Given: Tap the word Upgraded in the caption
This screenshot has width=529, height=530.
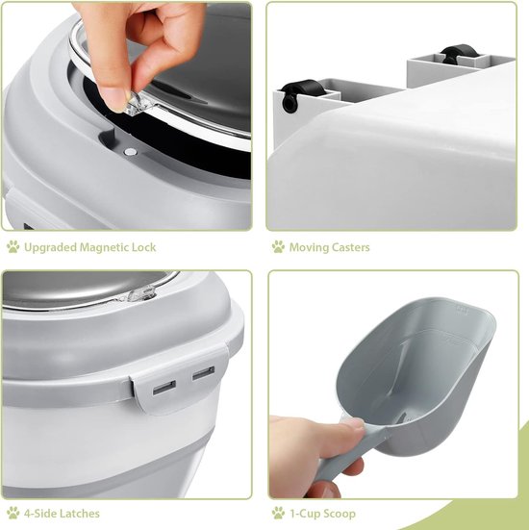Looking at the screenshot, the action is point(51,248).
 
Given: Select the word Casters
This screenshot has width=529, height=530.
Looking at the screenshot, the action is point(350,247).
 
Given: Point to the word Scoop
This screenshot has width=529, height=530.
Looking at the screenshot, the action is point(339,514).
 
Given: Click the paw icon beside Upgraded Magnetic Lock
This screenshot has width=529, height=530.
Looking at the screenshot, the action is point(13,247).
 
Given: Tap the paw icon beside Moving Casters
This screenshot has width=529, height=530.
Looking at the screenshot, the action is point(278,247).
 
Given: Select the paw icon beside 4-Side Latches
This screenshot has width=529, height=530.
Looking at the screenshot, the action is point(13,513).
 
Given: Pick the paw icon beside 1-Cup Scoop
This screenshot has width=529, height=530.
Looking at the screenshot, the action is point(278,513).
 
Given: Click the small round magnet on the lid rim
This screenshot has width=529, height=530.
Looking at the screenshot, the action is point(130,152).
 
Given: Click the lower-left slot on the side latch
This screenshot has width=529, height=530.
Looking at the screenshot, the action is point(164,388).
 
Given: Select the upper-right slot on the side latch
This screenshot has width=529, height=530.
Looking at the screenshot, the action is point(204,373).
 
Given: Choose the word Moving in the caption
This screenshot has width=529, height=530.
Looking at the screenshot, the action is point(309,248).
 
